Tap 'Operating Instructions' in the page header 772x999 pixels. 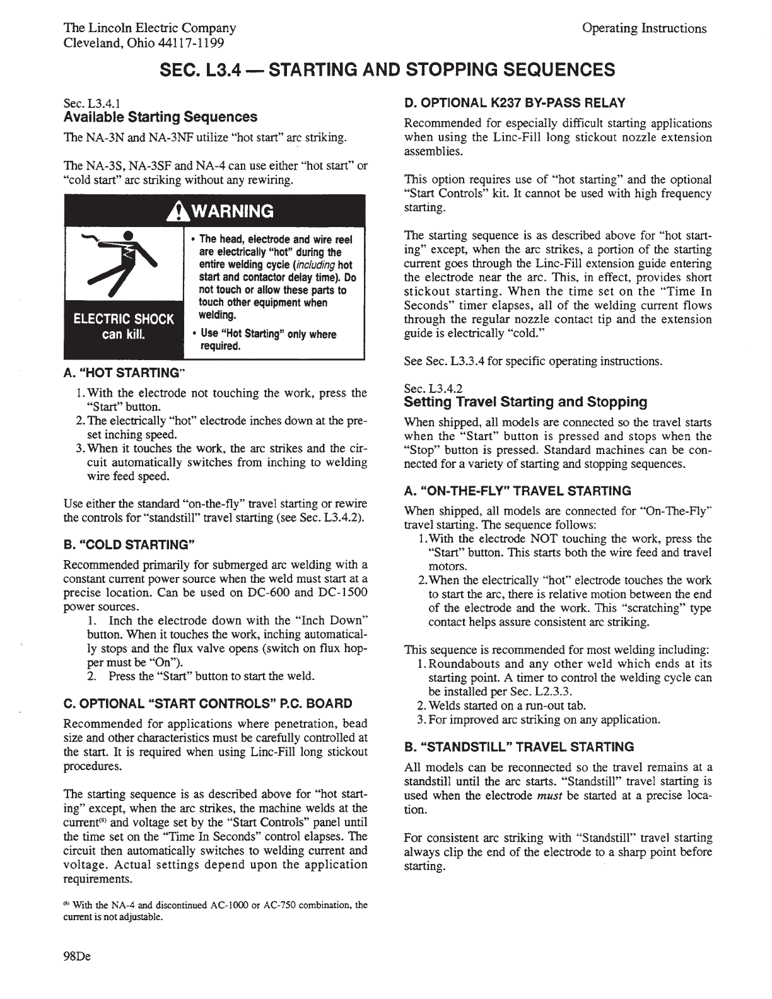click(643, 28)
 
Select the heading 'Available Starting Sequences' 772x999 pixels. click(160, 117)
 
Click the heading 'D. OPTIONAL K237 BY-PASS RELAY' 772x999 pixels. click(514, 103)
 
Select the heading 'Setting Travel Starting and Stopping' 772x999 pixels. click(525, 402)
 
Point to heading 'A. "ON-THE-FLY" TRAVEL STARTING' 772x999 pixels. click(517, 491)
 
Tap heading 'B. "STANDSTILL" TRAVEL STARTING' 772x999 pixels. click(519, 747)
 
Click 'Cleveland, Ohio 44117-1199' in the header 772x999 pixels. click(144, 43)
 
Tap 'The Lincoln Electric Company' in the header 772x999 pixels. click(150, 28)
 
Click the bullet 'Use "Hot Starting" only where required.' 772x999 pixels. click(268, 340)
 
